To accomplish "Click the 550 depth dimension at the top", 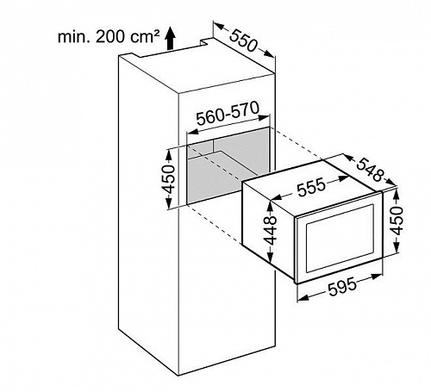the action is pos(243,40).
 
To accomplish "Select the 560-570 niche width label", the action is pos(228,114).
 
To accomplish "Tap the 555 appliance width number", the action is pos(311,187).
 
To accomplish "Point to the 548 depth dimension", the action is pos(370,170).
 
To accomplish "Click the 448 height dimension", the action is pos(271,231).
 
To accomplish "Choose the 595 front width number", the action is pos(342,287).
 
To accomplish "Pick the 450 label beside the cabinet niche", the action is pos(168,179).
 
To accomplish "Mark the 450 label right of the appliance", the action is pos(397,221).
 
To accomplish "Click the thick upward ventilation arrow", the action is pos(171,39).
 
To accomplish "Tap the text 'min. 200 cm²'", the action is pos(109,37).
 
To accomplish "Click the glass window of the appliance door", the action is pos(340,238).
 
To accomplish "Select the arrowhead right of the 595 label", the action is pos(376,277).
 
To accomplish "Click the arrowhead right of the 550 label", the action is pos(269,53).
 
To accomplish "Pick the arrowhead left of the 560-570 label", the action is pos(193,132).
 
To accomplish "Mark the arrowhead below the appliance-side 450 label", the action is pos(397,247).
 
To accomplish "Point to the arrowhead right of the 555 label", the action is pos(343,178).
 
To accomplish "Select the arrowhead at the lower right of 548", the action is pos(391,182).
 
